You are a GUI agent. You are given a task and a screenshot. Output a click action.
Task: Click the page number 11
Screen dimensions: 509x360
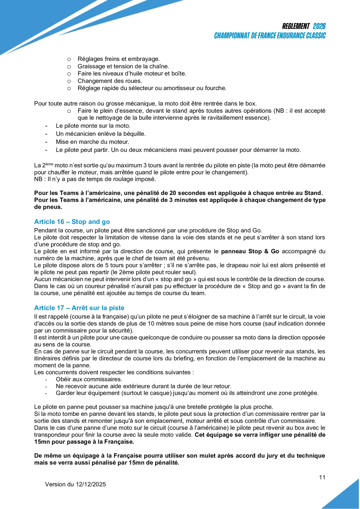(322, 477)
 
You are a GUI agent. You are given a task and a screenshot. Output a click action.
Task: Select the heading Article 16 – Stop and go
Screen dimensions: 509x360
(72, 222)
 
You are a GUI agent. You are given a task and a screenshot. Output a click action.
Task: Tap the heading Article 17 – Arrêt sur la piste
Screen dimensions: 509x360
(79, 308)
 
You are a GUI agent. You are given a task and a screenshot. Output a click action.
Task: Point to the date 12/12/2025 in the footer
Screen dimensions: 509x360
(91, 484)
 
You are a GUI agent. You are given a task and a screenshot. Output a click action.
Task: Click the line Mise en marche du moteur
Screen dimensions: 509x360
(92, 141)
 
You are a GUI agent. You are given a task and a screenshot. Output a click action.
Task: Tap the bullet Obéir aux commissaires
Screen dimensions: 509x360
(89, 379)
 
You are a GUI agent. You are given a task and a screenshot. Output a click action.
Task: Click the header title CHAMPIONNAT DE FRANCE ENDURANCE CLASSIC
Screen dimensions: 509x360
(270, 36)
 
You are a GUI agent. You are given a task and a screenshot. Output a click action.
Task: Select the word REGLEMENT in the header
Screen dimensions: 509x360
(296, 26)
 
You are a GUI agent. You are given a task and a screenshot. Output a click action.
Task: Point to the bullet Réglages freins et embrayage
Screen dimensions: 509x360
(118, 59)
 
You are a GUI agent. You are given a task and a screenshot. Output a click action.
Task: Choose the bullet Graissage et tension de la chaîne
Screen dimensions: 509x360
(123, 66)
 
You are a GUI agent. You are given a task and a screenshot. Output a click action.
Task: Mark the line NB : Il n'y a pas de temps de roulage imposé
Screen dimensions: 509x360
(95, 179)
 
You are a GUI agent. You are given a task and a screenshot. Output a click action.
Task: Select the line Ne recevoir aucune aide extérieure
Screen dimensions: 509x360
(143, 386)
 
